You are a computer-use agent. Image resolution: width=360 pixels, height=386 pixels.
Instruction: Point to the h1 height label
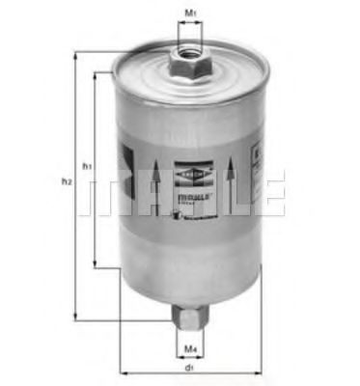(x=86, y=166)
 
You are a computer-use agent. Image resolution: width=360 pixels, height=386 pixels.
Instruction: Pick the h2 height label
(x=66, y=181)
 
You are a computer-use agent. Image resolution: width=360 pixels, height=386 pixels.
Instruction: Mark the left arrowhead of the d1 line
(x=122, y=373)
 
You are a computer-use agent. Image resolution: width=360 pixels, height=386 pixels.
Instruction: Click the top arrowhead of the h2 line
(x=75, y=54)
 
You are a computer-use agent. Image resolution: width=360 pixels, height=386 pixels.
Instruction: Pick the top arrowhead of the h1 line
(x=95, y=74)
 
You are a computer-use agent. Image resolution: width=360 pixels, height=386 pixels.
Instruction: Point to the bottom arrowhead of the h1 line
(x=95, y=263)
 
